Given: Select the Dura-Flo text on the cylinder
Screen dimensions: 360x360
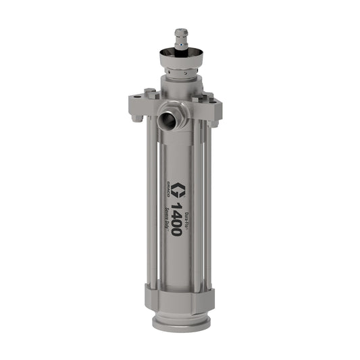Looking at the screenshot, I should [188, 201].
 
